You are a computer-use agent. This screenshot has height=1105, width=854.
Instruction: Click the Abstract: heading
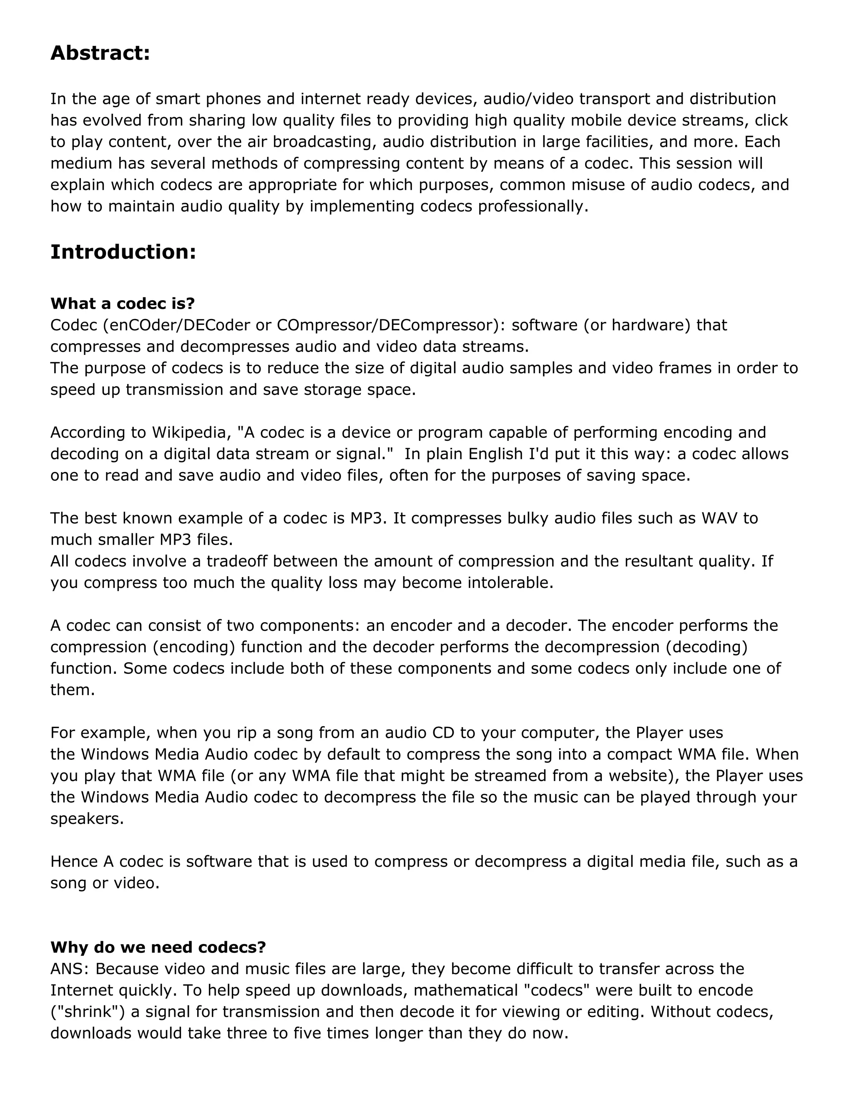[100, 53]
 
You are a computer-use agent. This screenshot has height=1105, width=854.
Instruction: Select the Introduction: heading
[123, 252]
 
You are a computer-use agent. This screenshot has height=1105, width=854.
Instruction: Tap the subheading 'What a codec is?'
[123, 304]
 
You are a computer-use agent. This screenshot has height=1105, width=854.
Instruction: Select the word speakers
[87, 819]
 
